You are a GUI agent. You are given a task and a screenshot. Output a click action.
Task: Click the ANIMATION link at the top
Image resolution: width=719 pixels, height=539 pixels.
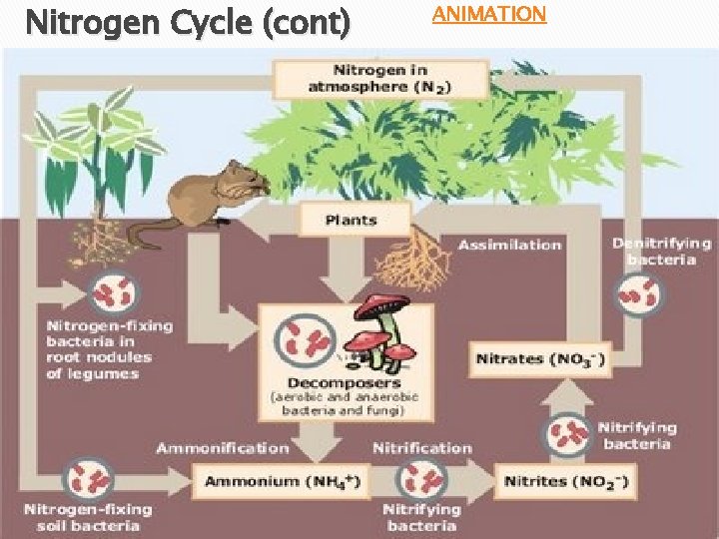coord(488,14)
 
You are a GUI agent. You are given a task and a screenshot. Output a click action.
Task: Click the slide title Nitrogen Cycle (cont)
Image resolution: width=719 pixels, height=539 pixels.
coord(188,22)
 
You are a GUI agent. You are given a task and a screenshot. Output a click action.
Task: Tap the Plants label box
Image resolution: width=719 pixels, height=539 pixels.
coord(353,220)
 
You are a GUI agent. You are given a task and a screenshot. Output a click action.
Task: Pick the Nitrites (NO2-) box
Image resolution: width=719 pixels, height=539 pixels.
coord(565,481)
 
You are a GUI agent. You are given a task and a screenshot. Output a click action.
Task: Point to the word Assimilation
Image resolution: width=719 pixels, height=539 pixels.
coord(509,245)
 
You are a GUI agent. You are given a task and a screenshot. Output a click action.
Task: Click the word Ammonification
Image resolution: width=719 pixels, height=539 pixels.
coord(222,448)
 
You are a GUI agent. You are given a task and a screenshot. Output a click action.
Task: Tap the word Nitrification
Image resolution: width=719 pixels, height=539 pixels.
coord(421,448)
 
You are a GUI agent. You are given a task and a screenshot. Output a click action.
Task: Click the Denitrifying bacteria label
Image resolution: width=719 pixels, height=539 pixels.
coord(661,251)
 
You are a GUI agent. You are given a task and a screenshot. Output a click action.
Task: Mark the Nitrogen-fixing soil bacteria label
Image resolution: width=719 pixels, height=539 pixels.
coord(90,517)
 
